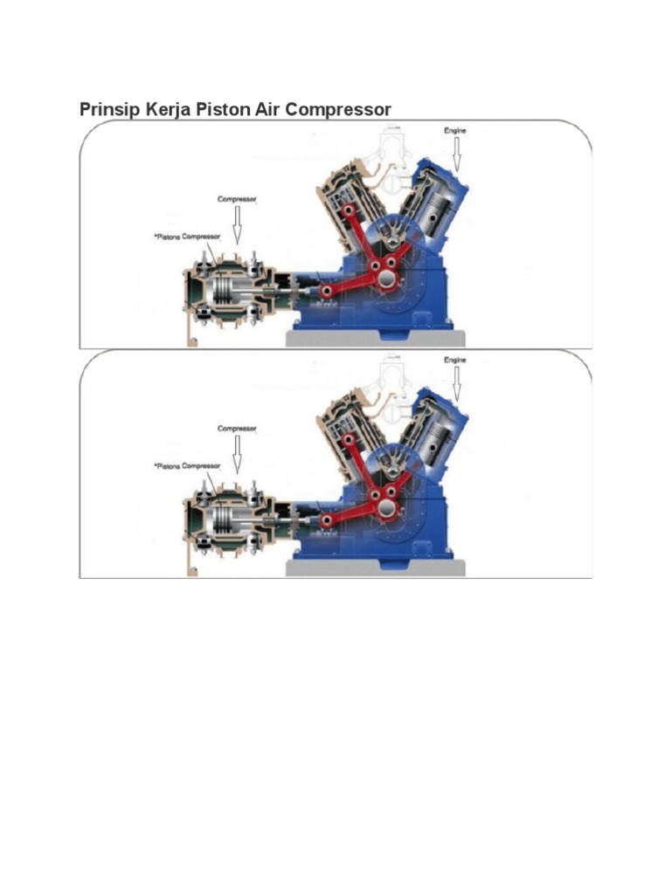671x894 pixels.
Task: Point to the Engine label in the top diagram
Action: point(455,130)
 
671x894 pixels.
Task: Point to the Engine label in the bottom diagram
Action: point(455,360)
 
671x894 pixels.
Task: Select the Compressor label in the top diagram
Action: point(236,199)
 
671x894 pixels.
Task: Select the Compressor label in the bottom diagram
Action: point(236,429)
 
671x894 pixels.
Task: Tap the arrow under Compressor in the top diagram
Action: point(236,225)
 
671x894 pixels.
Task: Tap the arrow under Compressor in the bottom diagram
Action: point(236,454)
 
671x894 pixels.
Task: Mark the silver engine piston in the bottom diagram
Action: point(434,444)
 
